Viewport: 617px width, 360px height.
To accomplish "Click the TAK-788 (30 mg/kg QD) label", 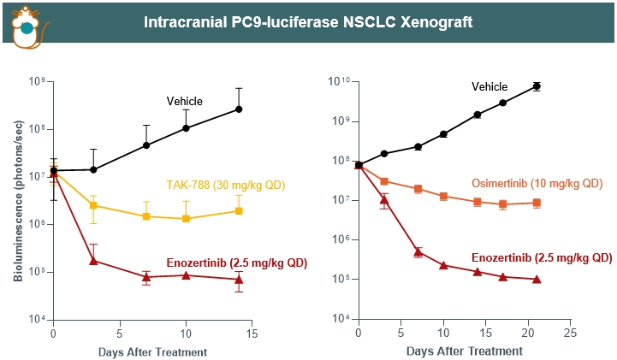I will point(225,185).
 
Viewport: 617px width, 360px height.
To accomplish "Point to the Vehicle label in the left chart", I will point(184,102).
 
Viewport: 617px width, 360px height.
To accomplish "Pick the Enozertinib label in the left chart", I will point(236,262).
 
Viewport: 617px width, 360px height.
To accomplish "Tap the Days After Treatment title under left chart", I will point(152,351).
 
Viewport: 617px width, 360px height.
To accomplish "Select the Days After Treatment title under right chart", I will point(464,351).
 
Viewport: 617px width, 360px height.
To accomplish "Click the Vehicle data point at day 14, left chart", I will point(239,109).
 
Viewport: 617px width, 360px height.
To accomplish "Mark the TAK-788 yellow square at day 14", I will point(239,210).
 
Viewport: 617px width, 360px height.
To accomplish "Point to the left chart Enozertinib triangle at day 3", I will point(93,260).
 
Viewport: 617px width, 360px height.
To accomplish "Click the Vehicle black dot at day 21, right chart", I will point(537,86).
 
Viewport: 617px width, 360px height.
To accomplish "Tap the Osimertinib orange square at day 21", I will point(537,203).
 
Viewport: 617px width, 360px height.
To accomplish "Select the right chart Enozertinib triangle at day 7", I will point(418,251).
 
